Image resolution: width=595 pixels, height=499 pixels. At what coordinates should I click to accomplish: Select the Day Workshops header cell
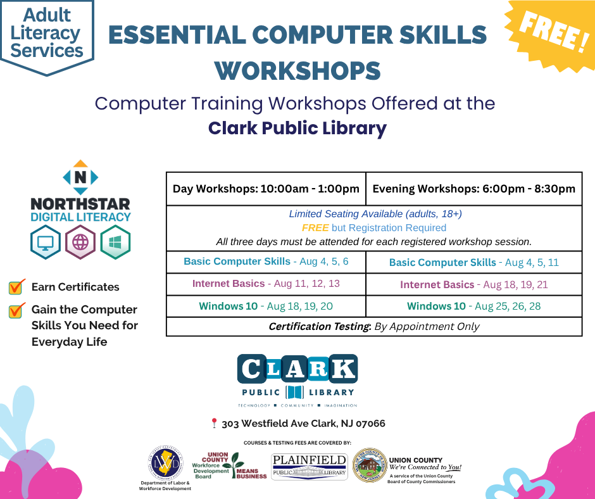coord(266,189)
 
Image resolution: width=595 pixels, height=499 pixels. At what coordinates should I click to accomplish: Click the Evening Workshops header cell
coord(473,189)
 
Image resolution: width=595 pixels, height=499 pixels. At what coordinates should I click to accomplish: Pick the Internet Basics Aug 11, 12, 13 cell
coord(266,284)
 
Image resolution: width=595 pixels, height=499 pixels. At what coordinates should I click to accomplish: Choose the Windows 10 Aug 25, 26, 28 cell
coord(473,306)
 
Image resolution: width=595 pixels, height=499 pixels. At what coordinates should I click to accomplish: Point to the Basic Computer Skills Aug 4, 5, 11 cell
coord(473,262)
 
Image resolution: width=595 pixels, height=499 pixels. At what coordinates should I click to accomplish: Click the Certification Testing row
coord(373,327)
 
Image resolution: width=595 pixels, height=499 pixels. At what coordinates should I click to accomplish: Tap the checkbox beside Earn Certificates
coord(17,287)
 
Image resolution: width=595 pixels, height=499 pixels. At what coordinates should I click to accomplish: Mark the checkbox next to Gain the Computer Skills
coord(17,310)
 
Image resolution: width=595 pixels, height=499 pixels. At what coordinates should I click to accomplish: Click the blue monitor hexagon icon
coord(46,242)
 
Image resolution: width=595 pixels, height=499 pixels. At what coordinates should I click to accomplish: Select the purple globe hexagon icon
coord(80,242)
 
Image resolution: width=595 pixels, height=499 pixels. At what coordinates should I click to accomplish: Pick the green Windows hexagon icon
coord(115,242)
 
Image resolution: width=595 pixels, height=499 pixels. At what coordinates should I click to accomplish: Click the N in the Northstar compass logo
coord(80,178)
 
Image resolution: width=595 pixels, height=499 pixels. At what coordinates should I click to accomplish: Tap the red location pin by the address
coord(214,423)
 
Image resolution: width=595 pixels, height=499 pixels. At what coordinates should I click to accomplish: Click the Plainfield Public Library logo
coord(310,467)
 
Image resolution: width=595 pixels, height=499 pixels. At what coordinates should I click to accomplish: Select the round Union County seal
coord(369,466)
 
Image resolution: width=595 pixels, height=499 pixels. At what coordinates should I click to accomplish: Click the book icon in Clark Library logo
coord(295,392)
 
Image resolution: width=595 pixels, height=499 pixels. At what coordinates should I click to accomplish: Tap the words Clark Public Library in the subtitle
coord(297,129)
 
